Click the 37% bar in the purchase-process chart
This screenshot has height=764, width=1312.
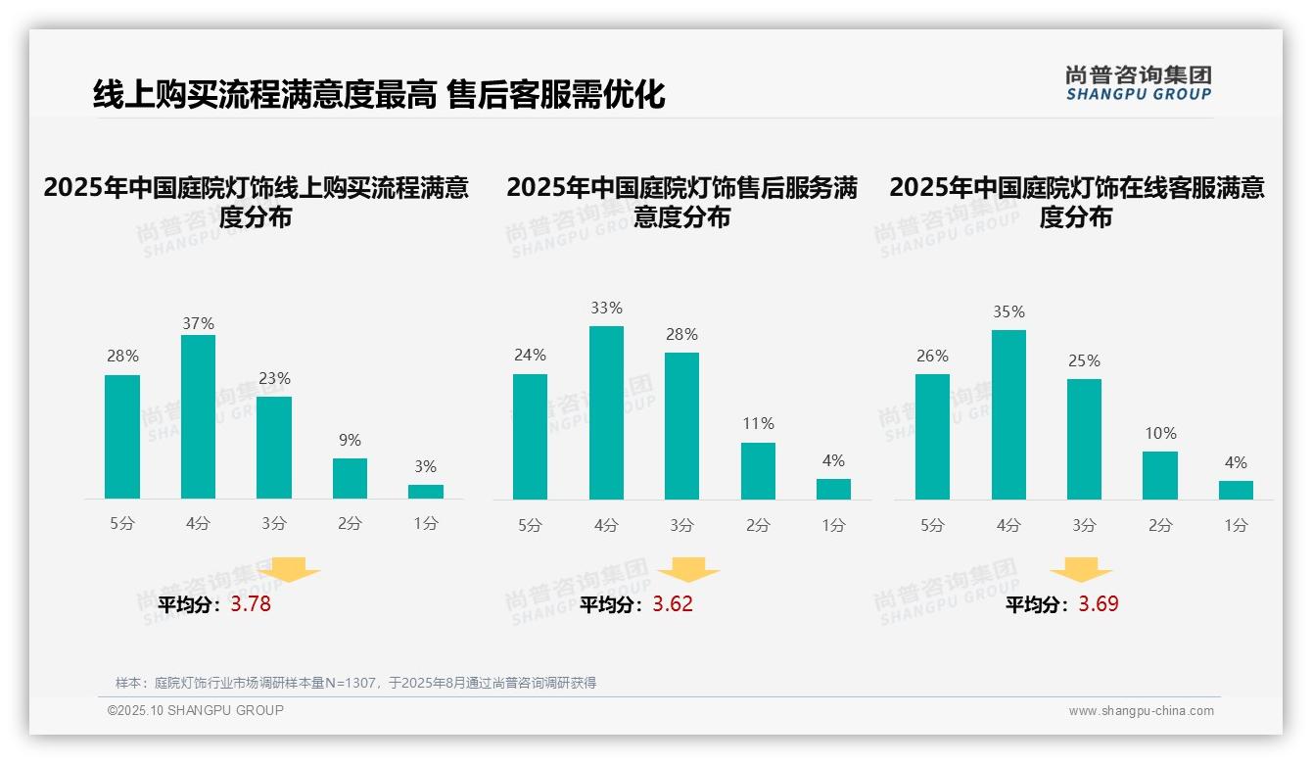point(198,416)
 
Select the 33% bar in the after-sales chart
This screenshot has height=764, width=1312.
point(606,412)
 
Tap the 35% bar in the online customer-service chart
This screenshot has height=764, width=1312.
point(1008,414)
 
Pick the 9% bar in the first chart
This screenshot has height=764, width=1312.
point(350,478)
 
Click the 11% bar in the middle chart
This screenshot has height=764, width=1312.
point(758,471)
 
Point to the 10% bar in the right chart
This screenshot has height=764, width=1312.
point(1160,475)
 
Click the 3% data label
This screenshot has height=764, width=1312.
point(425,467)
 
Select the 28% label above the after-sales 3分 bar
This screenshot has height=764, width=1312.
point(681,335)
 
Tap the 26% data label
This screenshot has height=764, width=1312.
point(932,357)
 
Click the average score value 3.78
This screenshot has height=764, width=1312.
point(251,604)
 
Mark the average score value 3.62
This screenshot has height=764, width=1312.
point(673,604)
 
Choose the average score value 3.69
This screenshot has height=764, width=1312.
point(1099,604)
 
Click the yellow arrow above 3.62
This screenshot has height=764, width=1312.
point(688,570)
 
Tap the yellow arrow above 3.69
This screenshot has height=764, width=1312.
point(1081,570)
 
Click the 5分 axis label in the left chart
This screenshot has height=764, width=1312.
point(122,524)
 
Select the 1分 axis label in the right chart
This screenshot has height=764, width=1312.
point(1236,526)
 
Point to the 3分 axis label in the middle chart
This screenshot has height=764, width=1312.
point(681,526)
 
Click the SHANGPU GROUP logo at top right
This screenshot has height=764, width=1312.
point(1138,82)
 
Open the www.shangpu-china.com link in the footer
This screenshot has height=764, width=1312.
point(1141,711)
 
